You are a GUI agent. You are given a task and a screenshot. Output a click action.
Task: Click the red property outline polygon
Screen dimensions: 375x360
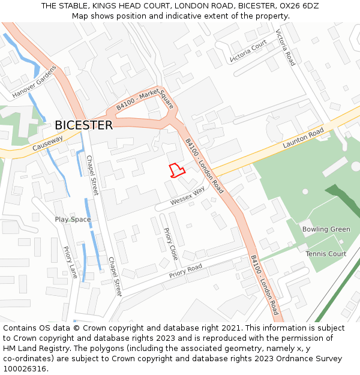[176, 170]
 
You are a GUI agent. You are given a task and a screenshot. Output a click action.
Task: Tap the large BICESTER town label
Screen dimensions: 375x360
[83, 125]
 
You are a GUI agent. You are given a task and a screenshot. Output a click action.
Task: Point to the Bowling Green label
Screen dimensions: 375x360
[326, 229]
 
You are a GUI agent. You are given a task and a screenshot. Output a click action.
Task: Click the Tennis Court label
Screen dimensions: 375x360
[326, 254]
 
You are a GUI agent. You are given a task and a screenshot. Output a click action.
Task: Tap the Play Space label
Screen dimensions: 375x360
[73, 220]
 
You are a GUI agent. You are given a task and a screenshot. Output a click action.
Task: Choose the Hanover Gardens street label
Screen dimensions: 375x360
[34, 83]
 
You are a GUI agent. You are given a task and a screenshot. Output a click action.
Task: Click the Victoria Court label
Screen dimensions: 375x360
[248, 51]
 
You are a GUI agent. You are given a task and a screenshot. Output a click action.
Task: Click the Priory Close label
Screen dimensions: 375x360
[171, 244]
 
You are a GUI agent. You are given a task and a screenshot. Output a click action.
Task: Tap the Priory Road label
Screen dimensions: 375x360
[185, 271]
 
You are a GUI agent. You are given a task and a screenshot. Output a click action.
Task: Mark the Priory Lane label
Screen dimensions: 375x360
[71, 263]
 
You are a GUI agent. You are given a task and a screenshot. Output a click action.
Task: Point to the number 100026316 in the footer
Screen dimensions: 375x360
[25, 368]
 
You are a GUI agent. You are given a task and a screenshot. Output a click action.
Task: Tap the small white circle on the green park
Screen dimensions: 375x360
[305, 191]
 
